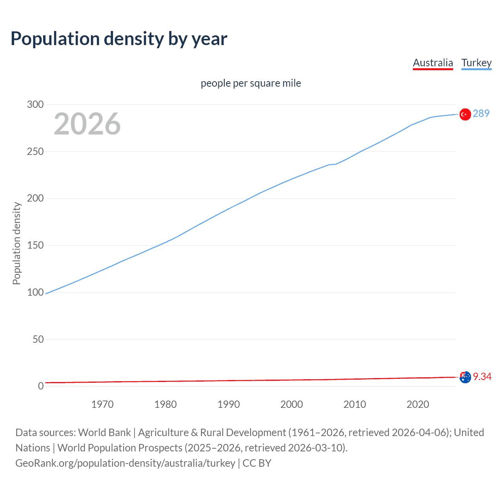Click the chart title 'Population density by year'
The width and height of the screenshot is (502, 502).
point(119,39)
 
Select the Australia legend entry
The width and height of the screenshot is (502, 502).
point(433,63)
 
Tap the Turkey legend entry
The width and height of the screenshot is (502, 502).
point(476,63)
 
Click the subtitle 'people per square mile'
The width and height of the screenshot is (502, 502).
point(251,83)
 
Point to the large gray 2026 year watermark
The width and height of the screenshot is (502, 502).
point(87,124)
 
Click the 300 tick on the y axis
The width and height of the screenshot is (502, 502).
point(35,104)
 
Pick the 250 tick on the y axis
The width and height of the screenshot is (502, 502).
point(35,151)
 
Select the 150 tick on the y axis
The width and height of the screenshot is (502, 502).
point(35,245)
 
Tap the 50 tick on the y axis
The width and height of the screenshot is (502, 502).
point(38,339)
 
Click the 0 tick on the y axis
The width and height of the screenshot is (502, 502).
point(41,386)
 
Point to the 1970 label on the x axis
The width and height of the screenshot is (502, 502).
point(102,404)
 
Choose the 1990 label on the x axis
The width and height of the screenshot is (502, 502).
point(229,404)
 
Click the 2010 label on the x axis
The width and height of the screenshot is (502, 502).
point(355,404)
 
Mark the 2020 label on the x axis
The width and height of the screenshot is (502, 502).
point(418,404)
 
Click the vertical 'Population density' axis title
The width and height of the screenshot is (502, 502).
point(16,243)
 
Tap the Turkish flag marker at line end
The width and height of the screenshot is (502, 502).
point(465,114)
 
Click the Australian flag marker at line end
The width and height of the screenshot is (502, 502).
point(465,377)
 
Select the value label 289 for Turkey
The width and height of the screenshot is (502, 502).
point(481,113)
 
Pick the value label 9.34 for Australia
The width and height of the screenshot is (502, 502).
point(482,376)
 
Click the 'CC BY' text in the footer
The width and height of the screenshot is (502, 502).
point(257,463)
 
